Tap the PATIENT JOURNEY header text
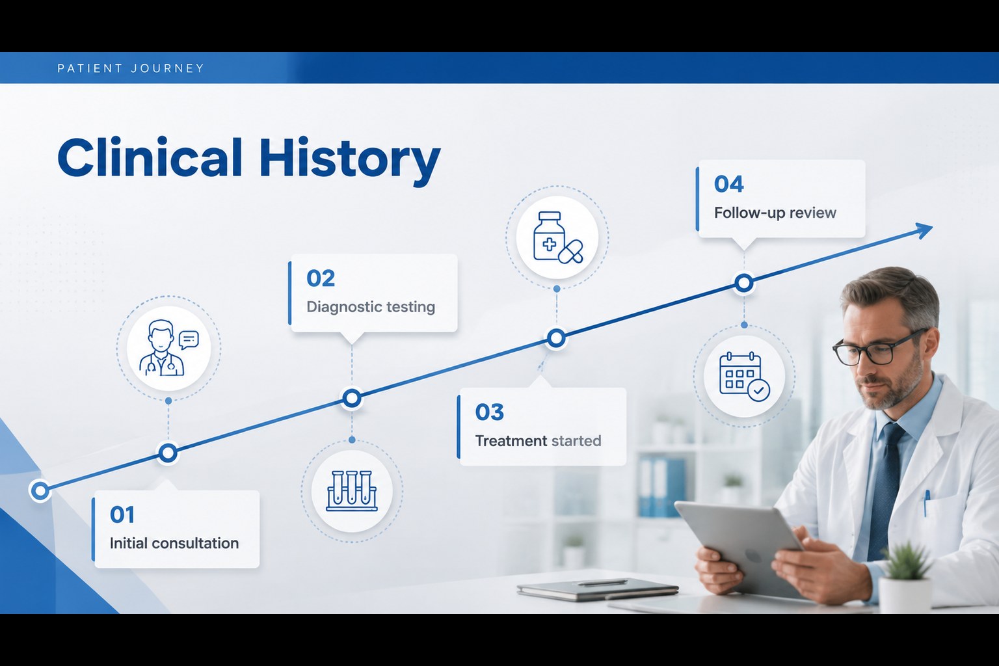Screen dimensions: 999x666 coord(131,68)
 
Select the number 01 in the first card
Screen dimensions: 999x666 coord(122,514)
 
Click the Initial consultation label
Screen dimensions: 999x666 coord(174,543)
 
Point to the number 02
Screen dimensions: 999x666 coord(320,278)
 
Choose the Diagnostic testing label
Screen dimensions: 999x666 coord(371,307)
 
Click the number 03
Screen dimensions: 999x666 coord(489,412)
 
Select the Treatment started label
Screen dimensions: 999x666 coord(538,441)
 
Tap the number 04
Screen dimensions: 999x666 coord(728,184)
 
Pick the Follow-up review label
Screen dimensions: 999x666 coord(775,213)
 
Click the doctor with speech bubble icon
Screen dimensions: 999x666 coord(168,349)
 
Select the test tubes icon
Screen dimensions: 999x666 coord(352,490)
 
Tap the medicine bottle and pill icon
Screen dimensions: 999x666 coord(557,237)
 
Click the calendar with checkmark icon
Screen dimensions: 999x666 coord(744,377)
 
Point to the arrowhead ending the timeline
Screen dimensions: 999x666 coord(923,230)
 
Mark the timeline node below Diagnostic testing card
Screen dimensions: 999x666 coord(352,398)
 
